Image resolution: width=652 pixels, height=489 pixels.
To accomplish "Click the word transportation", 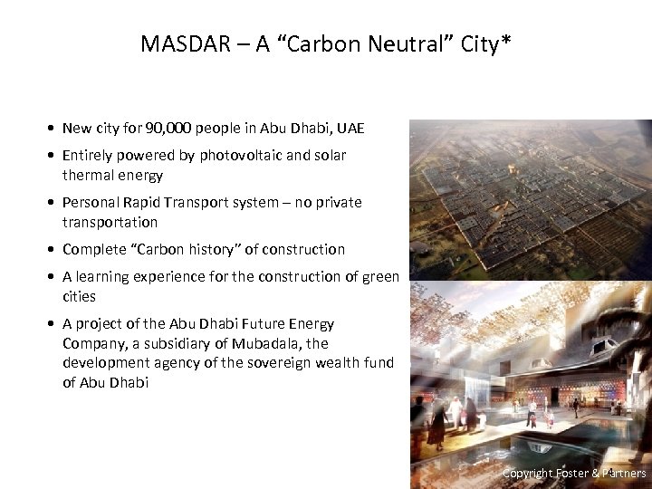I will (x=110, y=222).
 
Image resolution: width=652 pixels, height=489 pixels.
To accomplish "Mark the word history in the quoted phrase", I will (x=251, y=249).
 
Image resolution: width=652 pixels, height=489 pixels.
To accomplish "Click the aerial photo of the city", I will (x=530, y=199).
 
